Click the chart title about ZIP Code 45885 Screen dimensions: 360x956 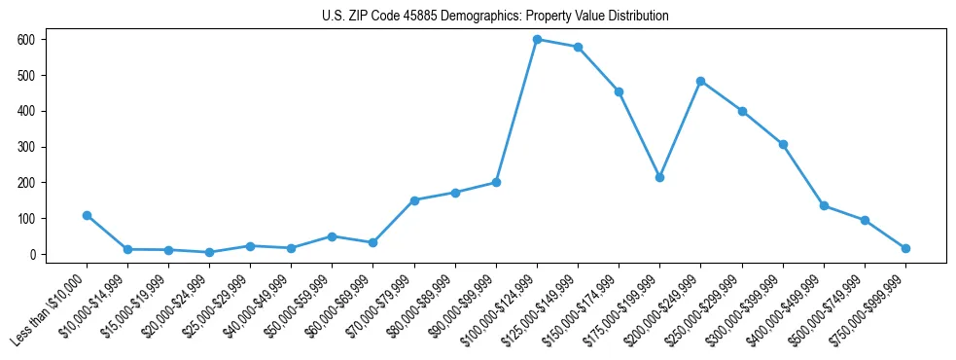click(x=495, y=17)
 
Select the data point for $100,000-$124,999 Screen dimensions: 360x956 click(x=537, y=39)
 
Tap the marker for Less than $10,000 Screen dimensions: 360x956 click(x=87, y=215)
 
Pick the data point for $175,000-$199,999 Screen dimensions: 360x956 click(x=659, y=177)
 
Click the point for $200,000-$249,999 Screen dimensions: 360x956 click(x=700, y=81)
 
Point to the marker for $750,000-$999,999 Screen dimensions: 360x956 click(x=905, y=248)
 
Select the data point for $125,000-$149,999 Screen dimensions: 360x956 click(x=578, y=47)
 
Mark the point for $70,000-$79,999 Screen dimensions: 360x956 click(x=414, y=200)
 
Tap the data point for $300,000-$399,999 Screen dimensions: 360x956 click(x=783, y=144)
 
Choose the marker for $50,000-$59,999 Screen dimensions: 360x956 click(x=332, y=236)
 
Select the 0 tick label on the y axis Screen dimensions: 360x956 click(x=32, y=254)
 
